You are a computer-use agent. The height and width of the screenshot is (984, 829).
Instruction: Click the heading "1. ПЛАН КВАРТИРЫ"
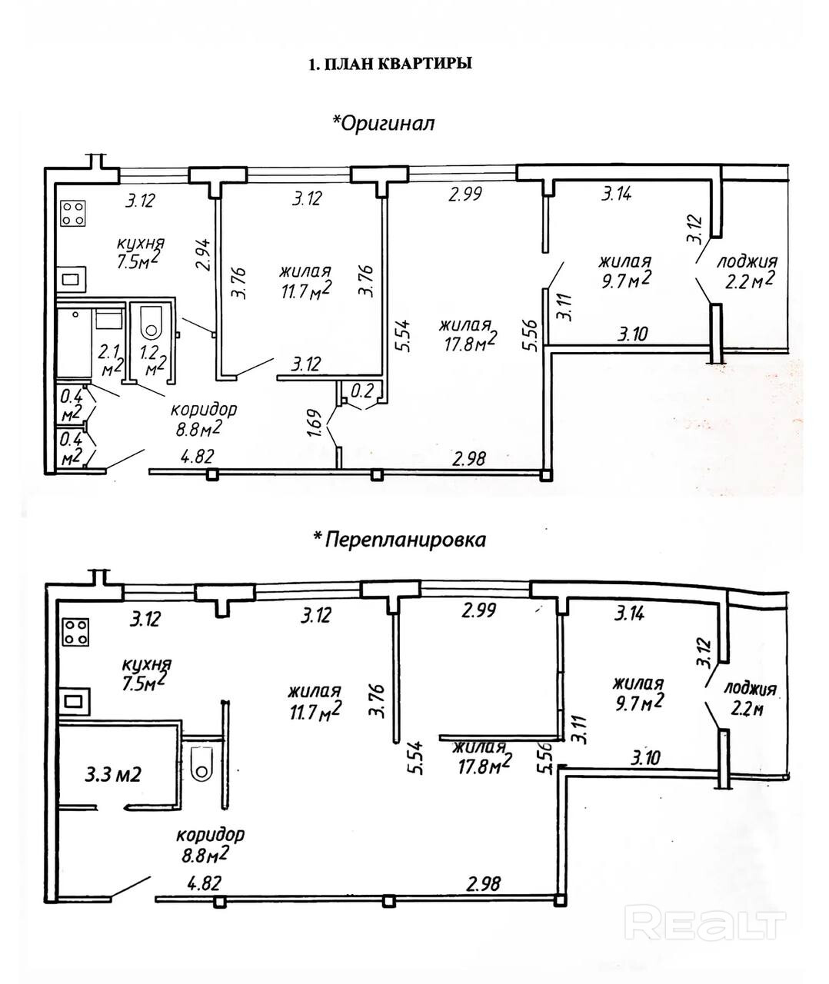pos(389,65)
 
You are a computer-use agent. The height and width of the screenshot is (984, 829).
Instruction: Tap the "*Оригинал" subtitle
pos(382,123)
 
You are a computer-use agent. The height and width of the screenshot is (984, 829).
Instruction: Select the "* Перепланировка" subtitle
pos(398,539)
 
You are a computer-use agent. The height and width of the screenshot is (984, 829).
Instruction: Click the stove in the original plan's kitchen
pos(72,213)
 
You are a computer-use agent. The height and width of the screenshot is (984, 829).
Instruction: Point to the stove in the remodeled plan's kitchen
pos(75,632)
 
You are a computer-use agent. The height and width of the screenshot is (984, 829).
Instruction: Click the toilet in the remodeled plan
pos(202,764)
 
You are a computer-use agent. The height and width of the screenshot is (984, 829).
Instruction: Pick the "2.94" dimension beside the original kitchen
pos(202,255)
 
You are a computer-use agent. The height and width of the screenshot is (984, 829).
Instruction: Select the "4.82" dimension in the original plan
pos(196,457)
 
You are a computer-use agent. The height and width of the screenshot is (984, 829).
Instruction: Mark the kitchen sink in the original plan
pos(74,281)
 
